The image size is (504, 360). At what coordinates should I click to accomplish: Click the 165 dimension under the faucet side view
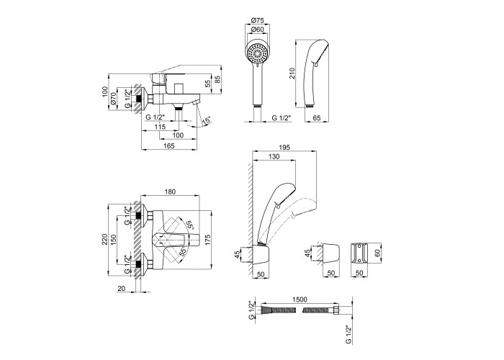168,146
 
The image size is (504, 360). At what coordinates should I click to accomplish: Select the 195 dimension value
284,147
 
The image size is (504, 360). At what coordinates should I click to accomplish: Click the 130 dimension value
274,158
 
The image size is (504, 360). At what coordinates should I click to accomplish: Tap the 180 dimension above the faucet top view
170,192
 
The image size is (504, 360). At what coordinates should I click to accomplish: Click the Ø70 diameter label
114,102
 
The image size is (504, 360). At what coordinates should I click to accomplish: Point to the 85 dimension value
218,80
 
